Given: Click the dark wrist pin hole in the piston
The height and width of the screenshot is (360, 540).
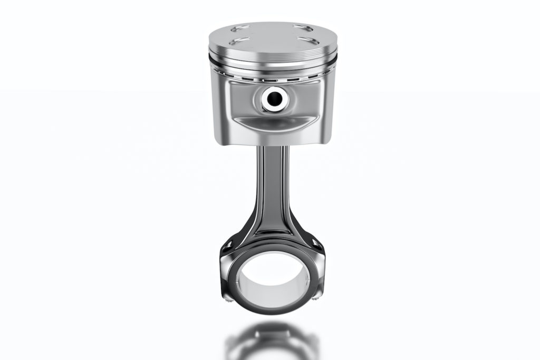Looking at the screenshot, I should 274,98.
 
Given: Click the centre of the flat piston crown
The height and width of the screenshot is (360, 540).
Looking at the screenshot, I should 271,35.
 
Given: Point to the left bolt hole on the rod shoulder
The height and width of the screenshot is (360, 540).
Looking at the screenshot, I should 228,244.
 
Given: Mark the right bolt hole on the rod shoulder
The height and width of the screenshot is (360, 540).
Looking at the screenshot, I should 316,244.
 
